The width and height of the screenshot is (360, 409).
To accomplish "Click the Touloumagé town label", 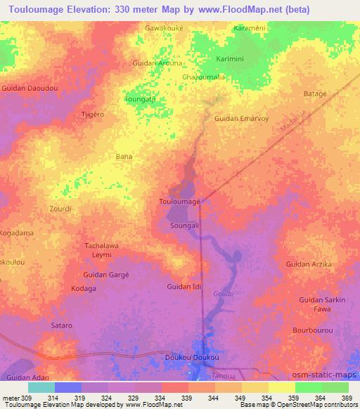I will click(181, 202).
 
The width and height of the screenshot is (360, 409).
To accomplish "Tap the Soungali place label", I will click(186, 226).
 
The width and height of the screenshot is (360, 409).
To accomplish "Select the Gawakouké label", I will click(165, 28).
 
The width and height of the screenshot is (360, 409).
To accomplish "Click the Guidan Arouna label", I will click(157, 63).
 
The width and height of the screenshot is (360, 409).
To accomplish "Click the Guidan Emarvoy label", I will click(242, 118).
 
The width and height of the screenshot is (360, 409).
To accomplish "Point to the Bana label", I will click(124, 156).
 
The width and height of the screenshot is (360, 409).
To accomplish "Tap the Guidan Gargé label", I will click(106, 274).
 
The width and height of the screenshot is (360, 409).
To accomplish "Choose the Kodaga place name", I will click(84, 288).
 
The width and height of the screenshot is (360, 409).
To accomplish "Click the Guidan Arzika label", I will click(309, 264).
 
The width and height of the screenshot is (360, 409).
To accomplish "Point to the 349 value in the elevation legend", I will click(243, 398).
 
